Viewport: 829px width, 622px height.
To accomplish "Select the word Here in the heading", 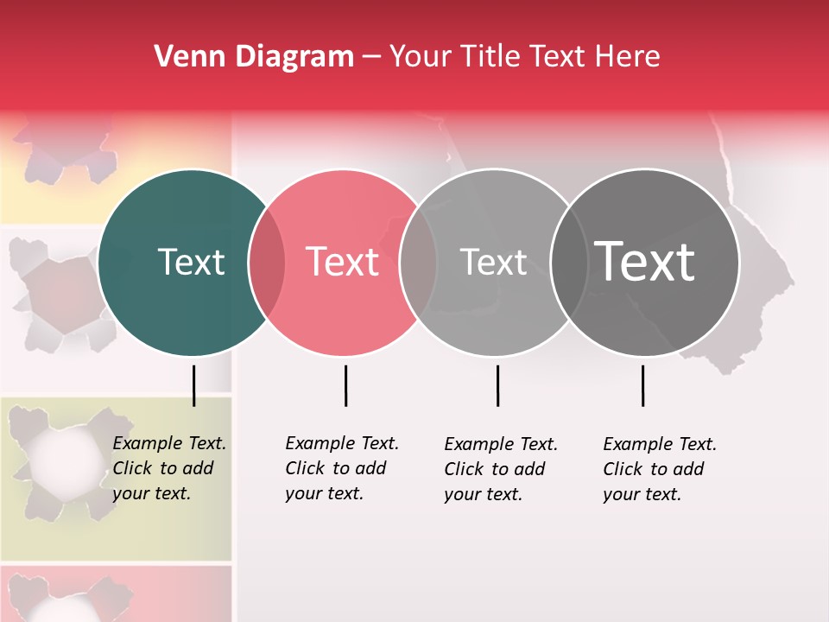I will tap(629, 57).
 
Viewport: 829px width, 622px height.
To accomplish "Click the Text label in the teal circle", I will tap(192, 262).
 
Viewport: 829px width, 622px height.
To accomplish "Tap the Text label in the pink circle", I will tap(343, 262).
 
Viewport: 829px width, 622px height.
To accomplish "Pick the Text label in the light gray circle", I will tap(493, 262).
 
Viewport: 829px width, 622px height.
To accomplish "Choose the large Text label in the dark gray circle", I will tap(645, 261).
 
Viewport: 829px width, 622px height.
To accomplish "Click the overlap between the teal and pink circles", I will tap(267, 262).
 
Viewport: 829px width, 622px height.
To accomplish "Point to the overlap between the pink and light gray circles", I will tap(418, 262).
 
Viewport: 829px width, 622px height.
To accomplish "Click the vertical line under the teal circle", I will tap(193, 385).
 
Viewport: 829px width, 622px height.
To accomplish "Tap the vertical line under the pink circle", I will tap(345, 385).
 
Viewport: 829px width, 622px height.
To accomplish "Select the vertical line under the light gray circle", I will tap(497, 385).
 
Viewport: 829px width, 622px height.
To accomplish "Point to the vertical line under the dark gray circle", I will tap(642, 385).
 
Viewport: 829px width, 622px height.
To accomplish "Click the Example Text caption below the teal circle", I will tap(169, 468).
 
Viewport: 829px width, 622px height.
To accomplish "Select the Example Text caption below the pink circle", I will tap(342, 468).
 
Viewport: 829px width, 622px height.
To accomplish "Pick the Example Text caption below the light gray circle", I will tap(501, 469).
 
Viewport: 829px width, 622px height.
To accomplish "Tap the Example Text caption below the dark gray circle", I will tap(660, 469).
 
